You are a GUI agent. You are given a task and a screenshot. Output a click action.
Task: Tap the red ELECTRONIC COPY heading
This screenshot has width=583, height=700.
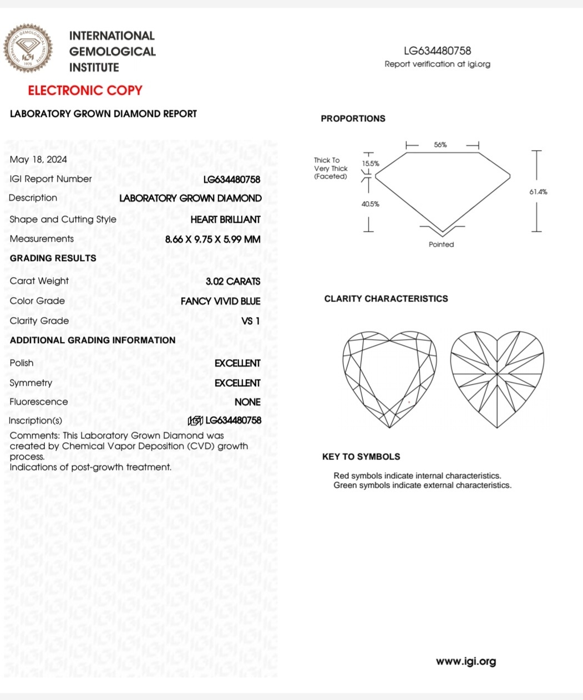click(x=85, y=90)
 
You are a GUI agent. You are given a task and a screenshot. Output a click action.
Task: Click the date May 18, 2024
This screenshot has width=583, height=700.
click(x=38, y=160)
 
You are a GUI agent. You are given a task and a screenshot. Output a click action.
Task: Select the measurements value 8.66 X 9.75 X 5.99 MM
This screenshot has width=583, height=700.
click(x=213, y=239)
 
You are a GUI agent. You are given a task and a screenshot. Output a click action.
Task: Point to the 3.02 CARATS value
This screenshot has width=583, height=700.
click(x=233, y=282)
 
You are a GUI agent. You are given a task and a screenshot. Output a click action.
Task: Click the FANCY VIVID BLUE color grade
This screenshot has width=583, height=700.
click(x=220, y=302)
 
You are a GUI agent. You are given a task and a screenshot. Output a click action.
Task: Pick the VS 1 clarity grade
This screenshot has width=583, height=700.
click(x=251, y=321)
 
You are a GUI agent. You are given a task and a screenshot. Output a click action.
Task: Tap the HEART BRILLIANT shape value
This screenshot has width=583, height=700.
click(x=225, y=219)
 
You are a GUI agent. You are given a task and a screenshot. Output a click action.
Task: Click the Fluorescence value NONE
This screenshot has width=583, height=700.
click(x=247, y=402)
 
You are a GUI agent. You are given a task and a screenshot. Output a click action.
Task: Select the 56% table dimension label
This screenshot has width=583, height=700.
click(x=440, y=145)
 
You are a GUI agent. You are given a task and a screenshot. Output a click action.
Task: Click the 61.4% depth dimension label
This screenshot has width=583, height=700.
click(x=538, y=192)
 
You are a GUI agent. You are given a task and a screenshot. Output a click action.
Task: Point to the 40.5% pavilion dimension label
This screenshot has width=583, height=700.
click(x=371, y=204)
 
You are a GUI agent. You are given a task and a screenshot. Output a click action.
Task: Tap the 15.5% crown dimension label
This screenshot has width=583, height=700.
click(x=371, y=163)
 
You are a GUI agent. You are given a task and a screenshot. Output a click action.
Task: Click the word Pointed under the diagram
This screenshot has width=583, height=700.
click(x=442, y=244)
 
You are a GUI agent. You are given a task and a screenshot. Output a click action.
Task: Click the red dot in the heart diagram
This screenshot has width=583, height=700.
click(x=409, y=402)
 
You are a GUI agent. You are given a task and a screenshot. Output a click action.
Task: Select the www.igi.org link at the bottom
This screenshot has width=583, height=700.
click(x=466, y=661)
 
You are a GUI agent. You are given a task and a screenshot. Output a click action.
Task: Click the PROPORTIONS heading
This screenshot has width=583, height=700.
click(x=353, y=119)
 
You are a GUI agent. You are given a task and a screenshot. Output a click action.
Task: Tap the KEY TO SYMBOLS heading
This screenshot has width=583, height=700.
click(x=361, y=457)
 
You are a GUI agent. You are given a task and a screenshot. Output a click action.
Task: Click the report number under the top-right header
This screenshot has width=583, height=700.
click(x=438, y=51)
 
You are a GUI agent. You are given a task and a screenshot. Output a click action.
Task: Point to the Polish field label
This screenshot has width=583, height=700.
click(x=22, y=363)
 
